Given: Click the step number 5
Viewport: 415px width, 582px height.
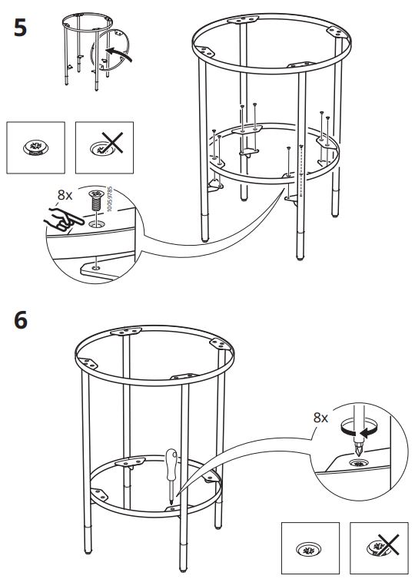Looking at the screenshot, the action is point(20,28).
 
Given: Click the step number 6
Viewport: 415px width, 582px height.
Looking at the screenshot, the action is point(21,320).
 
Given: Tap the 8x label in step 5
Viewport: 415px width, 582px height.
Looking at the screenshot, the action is point(65,195).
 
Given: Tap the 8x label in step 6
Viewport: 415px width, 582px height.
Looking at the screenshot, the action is point(320,418).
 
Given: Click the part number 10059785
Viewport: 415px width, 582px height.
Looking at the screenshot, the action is point(109,199).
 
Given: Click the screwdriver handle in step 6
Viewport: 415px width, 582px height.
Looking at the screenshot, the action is point(171,464).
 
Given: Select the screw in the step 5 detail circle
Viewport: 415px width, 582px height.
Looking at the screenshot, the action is point(96,200).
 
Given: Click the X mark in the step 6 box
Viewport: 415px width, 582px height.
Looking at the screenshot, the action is point(388,545).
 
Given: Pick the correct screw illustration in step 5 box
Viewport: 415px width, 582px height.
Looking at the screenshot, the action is point(35,147).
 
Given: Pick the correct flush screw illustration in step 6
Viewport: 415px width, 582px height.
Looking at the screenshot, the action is point(309,549).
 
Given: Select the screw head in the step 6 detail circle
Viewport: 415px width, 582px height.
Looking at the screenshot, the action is point(359,463).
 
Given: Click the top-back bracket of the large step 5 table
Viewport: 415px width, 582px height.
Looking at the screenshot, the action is point(243,19).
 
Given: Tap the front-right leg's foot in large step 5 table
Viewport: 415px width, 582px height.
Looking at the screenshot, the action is point(300,257).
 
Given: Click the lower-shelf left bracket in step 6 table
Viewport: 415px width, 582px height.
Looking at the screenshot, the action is point(99,494).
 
